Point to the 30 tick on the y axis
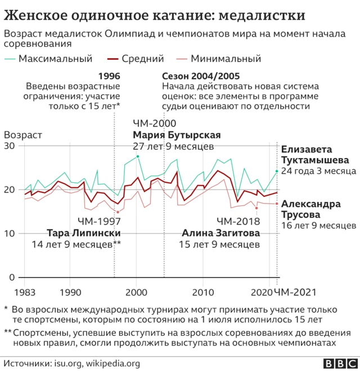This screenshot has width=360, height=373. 10,146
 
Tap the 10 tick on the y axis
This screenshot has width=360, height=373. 10,233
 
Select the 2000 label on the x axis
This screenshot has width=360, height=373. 137,293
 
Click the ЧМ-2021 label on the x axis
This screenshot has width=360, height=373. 295,293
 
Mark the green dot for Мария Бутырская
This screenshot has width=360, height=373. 138,156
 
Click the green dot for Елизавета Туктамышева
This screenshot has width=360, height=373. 277,171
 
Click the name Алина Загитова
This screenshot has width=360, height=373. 220,233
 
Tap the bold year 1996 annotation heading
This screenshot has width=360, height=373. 109,75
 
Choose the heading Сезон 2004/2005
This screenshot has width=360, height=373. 201,75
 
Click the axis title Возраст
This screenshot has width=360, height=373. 22,135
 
